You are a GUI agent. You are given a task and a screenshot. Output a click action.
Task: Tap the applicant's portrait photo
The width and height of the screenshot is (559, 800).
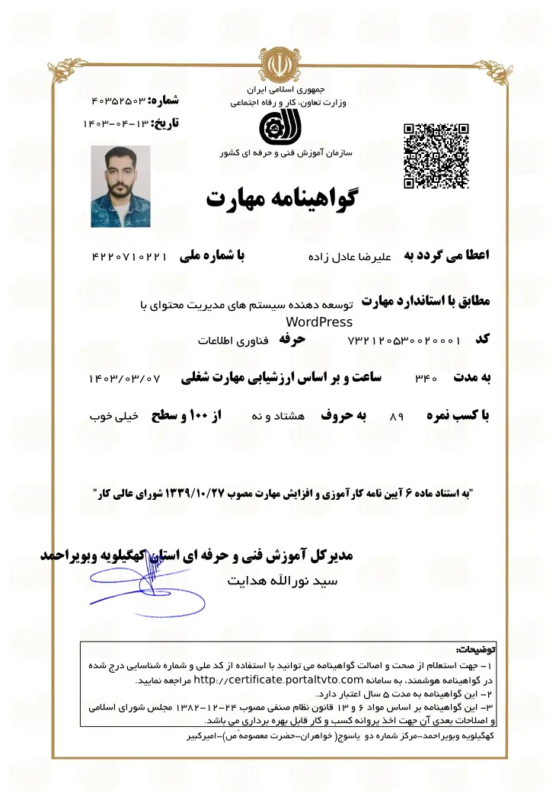tap(120, 186)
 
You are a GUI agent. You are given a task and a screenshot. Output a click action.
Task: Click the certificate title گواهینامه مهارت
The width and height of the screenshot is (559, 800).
tap(281, 198)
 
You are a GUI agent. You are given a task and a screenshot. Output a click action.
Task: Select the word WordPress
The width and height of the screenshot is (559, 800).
tap(320, 322)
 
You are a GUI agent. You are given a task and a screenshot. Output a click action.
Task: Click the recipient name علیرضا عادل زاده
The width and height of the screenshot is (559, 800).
tap(349, 258)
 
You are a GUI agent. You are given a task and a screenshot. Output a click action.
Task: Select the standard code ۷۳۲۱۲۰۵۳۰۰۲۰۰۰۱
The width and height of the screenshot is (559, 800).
tap(404, 340)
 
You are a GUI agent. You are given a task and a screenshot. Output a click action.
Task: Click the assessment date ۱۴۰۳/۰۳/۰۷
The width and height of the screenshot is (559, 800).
tap(125, 378)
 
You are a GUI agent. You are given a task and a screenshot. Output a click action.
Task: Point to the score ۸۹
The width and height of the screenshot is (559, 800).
tap(395, 418)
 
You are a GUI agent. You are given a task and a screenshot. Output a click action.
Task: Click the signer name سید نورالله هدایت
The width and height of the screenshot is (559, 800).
tap(283, 581)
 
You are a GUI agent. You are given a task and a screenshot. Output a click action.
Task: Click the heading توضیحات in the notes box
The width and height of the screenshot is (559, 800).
tap(475, 650)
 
